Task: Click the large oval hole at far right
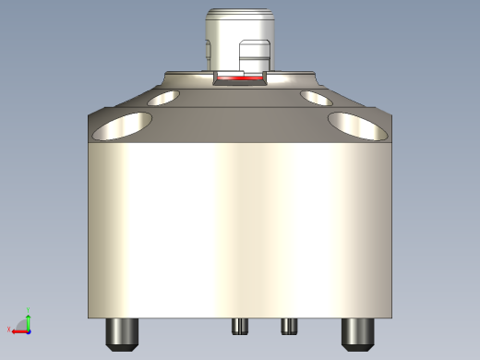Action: [359, 126]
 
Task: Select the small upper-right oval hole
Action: [316, 97]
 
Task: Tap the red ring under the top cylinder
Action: [238, 80]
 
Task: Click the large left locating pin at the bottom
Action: [122, 333]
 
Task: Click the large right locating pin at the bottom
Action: [357, 333]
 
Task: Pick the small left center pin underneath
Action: [240, 326]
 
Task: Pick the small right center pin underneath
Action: [288, 326]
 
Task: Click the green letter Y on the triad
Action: [29, 309]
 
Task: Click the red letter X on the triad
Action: [8, 330]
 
